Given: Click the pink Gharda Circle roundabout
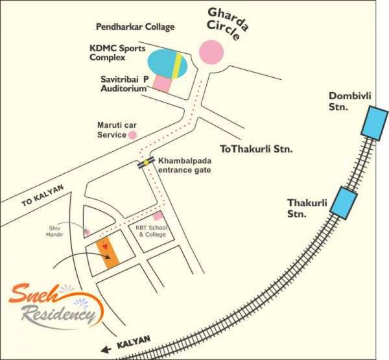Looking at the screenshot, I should click(211, 53).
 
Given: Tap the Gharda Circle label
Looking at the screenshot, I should click(224, 23).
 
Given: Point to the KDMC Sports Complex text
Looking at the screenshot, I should click(117, 53).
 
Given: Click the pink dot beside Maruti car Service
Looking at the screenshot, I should click(132, 136).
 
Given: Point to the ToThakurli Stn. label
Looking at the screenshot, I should click(257, 149).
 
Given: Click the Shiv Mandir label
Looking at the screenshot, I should click(60, 232).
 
